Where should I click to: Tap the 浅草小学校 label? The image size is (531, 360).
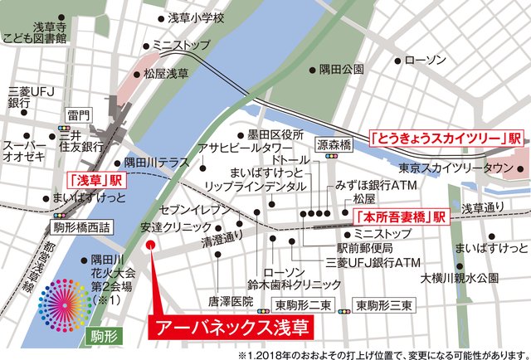(x=196, y=17)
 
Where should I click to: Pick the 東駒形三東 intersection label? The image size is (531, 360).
(x=384, y=305)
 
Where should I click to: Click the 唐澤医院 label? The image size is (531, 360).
(x=219, y=303)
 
